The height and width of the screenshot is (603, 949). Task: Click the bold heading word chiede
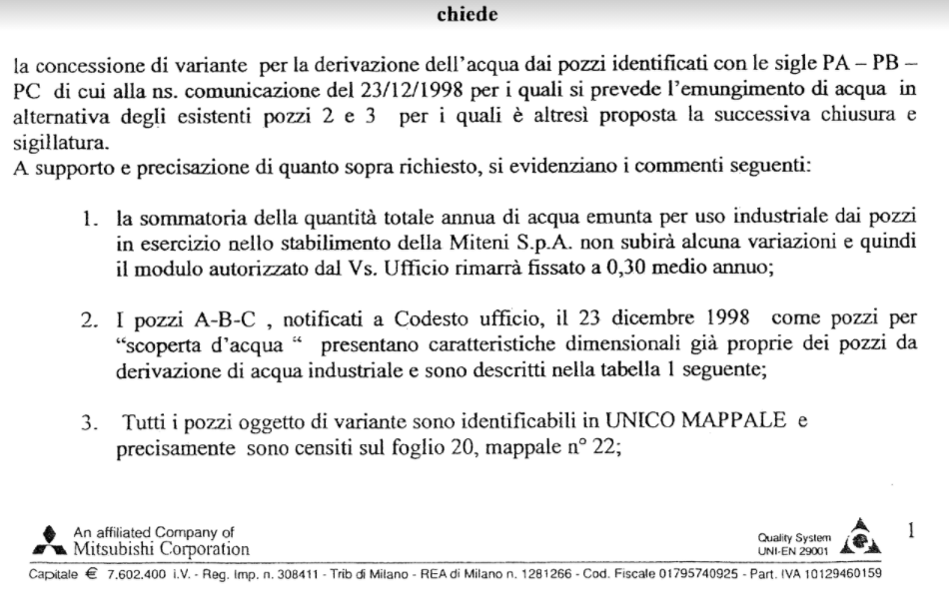pos(467,14)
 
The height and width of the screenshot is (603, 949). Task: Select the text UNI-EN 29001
pos(794,549)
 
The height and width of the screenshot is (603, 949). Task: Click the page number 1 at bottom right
pos(911,531)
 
